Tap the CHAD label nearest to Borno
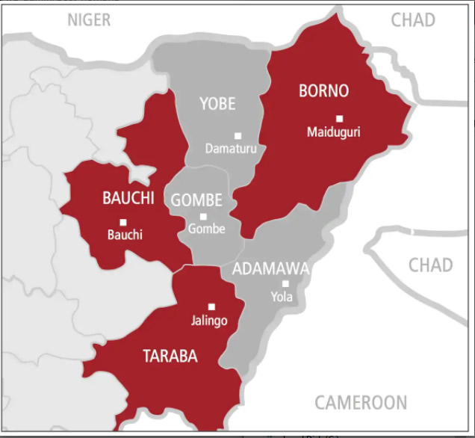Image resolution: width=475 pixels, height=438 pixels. click(x=412, y=20)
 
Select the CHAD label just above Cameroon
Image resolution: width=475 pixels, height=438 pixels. click(x=430, y=265)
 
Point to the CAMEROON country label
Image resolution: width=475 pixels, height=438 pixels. click(x=361, y=402)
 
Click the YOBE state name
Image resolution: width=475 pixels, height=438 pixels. click(x=217, y=104)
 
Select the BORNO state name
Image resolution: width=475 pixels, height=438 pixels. click(x=323, y=91)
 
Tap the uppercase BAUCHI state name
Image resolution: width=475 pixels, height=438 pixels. click(x=128, y=198)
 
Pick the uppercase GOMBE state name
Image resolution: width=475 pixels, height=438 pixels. click(x=196, y=200)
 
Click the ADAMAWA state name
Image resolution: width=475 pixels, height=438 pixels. click(x=270, y=269)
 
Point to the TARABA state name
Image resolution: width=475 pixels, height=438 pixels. click(x=170, y=357)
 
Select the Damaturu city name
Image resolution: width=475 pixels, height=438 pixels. click(x=232, y=149)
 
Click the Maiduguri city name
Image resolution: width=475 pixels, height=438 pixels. click(x=333, y=132)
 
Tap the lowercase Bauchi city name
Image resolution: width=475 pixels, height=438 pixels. click(x=125, y=235)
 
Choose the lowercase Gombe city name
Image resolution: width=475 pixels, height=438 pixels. click(x=206, y=229)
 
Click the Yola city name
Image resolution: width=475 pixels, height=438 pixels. click(x=282, y=297)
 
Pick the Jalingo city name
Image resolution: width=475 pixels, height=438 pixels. click(x=209, y=321)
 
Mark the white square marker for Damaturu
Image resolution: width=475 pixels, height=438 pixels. click(x=237, y=135)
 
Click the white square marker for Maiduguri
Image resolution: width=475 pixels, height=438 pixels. click(x=339, y=118)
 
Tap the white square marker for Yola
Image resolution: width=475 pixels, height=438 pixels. click(x=285, y=283)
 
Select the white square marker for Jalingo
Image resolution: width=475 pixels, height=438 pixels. click(x=211, y=306)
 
